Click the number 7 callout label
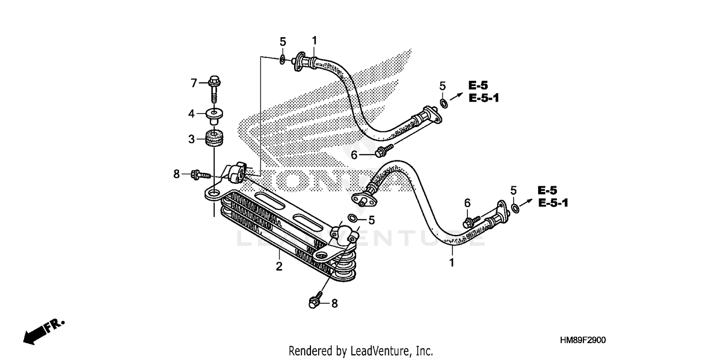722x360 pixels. [x=194, y=84]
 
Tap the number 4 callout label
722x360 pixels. [x=192, y=114]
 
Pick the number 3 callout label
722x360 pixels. [x=192, y=140]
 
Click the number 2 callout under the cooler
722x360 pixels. [x=279, y=266]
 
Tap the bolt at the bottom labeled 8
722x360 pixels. [x=314, y=302]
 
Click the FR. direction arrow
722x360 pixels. [x=41, y=331]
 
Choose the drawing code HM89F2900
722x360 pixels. [x=582, y=340]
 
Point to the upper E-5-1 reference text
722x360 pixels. [x=484, y=98]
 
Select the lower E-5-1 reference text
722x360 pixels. [x=553, y=203]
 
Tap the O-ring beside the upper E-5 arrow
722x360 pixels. [x=444, y=103]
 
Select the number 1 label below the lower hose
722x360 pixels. [x=451, y=263]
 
